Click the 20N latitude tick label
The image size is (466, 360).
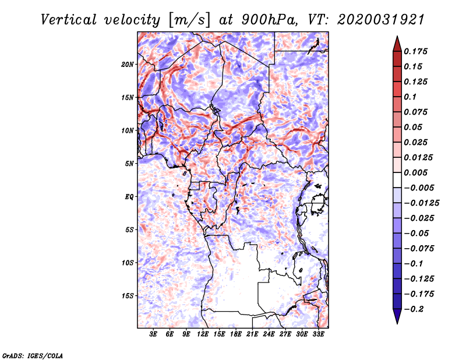128,65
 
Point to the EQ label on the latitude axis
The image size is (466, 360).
129,197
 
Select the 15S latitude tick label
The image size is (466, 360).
128,296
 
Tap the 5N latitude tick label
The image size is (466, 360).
129,164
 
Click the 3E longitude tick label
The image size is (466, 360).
153,334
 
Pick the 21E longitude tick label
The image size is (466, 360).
252,334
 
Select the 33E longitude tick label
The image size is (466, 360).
318,334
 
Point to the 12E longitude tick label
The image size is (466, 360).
202,334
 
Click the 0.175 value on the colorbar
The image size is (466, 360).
415,51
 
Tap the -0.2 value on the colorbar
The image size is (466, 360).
414,309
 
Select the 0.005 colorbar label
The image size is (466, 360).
415,172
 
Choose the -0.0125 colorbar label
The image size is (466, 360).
421,203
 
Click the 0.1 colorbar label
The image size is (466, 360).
410,97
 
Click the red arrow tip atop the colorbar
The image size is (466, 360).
397,36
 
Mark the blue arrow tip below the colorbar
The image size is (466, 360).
397,323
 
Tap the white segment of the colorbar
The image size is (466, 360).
397,180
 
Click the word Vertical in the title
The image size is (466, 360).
69,20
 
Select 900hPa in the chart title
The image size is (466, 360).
269,20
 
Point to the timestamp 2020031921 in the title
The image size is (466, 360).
381,20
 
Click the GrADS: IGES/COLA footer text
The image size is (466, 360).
33,356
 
